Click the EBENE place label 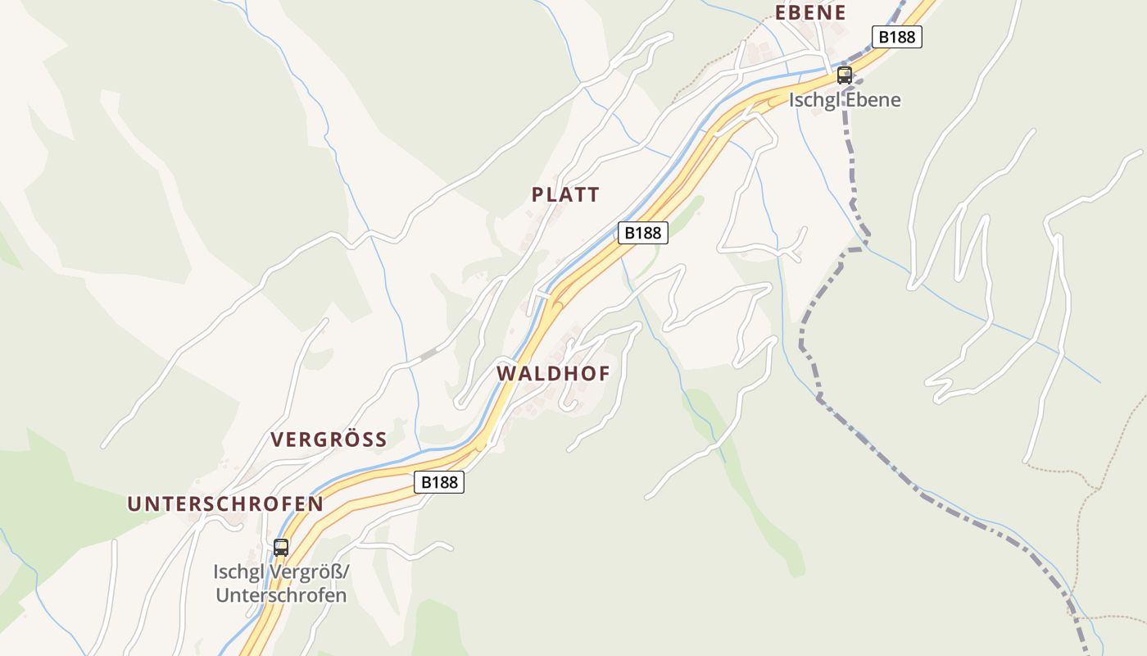(810, 12)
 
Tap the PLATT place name (565, 194)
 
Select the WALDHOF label (553, 374)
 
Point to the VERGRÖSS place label (329, 440)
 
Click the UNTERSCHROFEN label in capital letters (225, 503)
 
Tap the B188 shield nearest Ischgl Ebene (896, 37)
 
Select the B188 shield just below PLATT (642, 233)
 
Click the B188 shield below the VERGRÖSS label (438, 482)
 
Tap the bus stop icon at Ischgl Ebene (845, 75)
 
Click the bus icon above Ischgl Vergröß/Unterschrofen (281, 547)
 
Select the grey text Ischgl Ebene (845, 100)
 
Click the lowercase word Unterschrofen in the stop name (281, 595)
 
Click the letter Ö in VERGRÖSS (342, 440)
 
